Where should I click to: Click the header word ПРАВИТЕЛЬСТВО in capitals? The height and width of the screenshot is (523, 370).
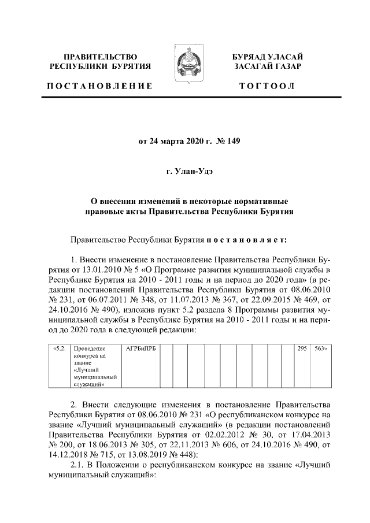click(100, 57)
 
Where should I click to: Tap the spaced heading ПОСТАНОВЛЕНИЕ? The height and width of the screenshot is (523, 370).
click(99, 86)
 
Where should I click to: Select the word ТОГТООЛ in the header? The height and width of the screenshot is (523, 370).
click(268, 86)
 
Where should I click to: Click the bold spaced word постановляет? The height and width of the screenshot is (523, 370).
click(251, 238)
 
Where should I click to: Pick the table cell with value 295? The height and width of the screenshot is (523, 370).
click(301, 349)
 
